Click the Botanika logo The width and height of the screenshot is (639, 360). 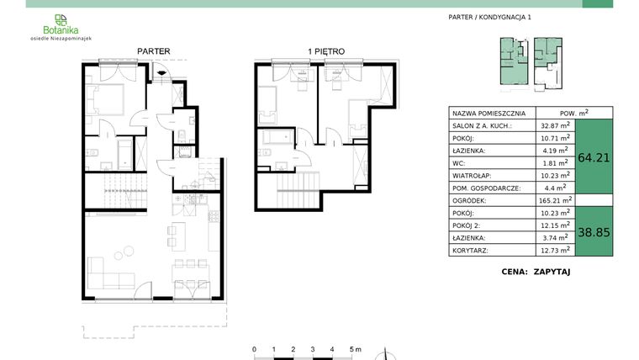click(x=60, y=26)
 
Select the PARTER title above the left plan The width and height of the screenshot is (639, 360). click(x=154, y=52)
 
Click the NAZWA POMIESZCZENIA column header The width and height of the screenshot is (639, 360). click(x=489, y=113)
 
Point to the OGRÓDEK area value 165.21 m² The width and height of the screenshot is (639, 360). click(x=554, y=201)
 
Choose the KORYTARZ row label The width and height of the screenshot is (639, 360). click(x=469, y=251)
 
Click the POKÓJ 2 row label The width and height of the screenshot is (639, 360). click(x=467, y=225)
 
